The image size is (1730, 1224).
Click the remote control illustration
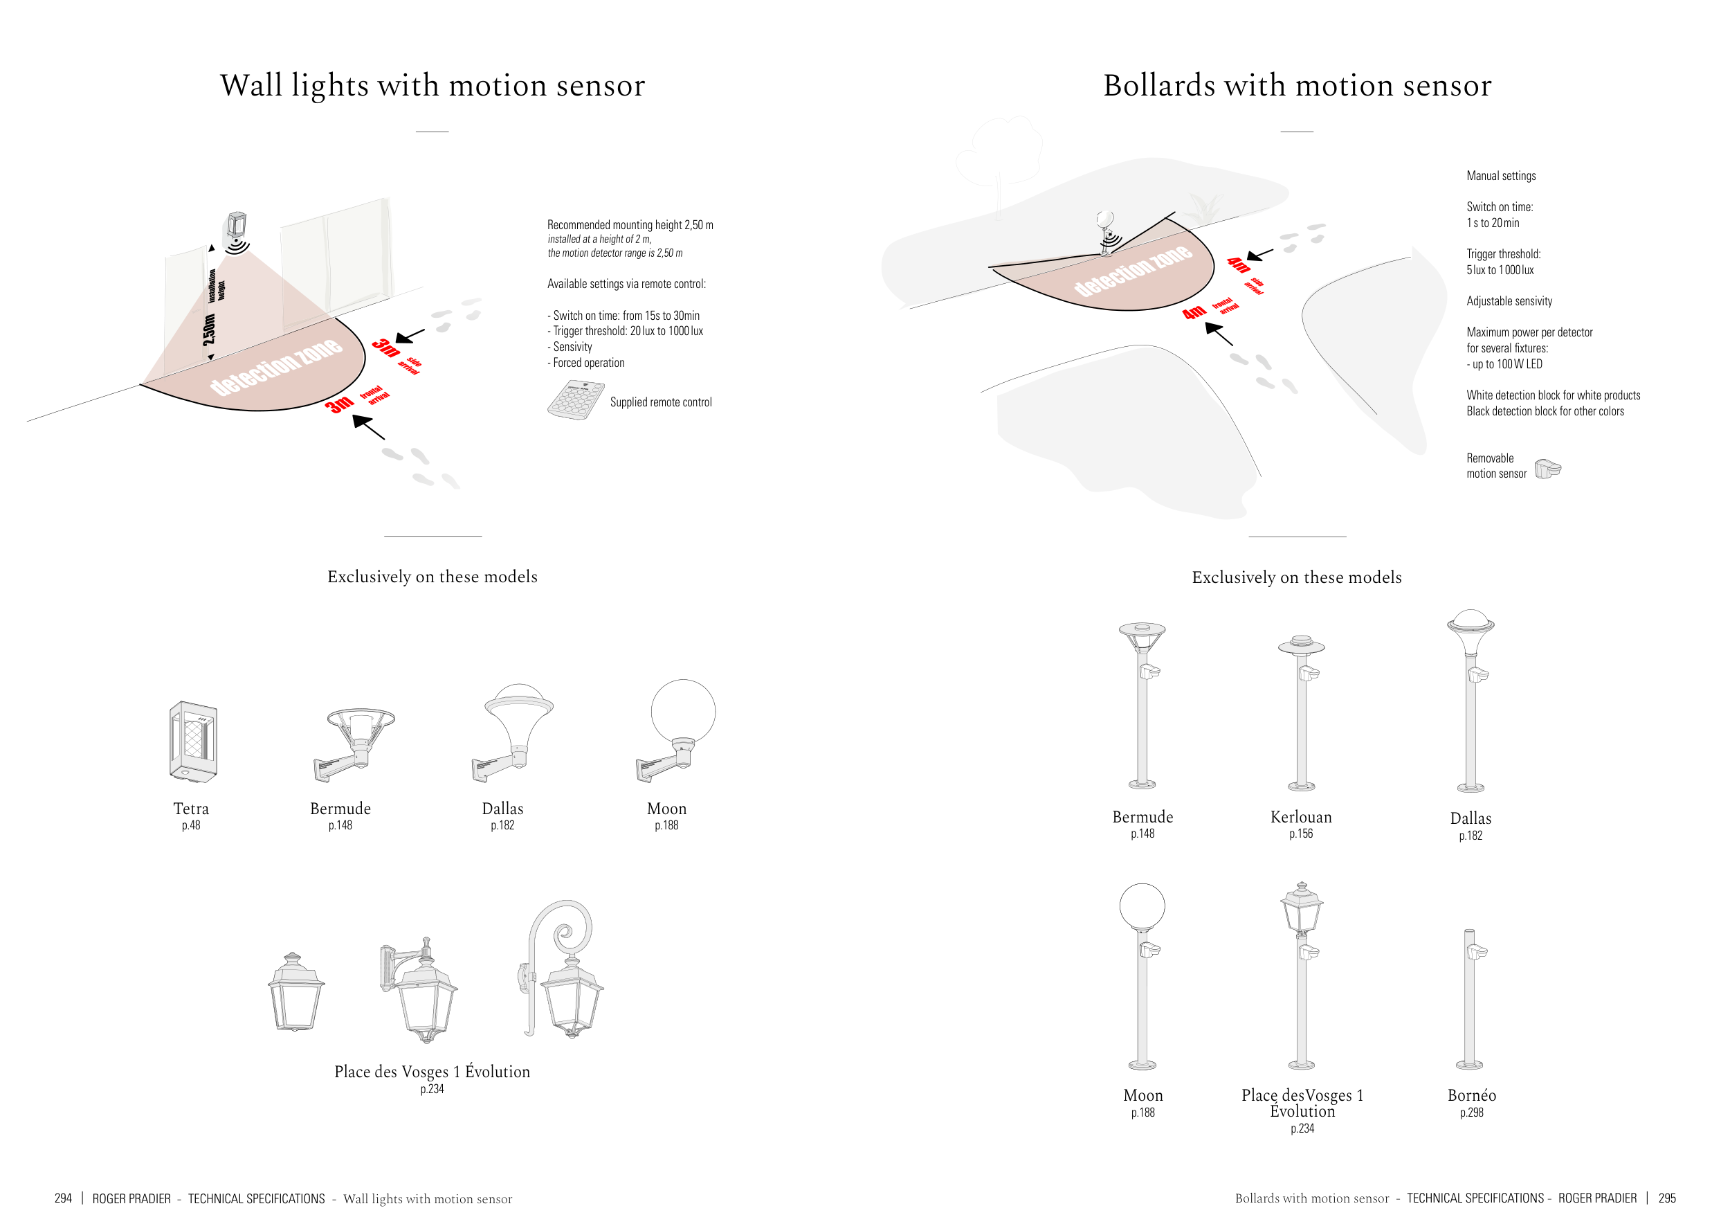coord(575,399)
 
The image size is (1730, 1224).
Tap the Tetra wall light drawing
coord(193,741)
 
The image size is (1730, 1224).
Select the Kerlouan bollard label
coord(1300,817)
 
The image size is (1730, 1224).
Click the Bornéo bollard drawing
coord(1470,998)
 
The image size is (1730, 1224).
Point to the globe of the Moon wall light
coord(682,712)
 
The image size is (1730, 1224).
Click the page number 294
coord(63,1198)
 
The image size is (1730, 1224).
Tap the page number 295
coord(1667,1198)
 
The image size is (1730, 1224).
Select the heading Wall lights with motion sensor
coord(432,85)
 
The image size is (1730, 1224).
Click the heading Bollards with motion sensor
coord(1297,85)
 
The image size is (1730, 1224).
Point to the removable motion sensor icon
coord(1547,469)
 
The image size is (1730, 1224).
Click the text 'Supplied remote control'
coord(661,402)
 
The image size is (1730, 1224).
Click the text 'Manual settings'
coord(1501,176)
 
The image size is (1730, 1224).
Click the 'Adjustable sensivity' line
coord(1509,301)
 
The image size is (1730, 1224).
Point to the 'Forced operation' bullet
coord(588,363)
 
